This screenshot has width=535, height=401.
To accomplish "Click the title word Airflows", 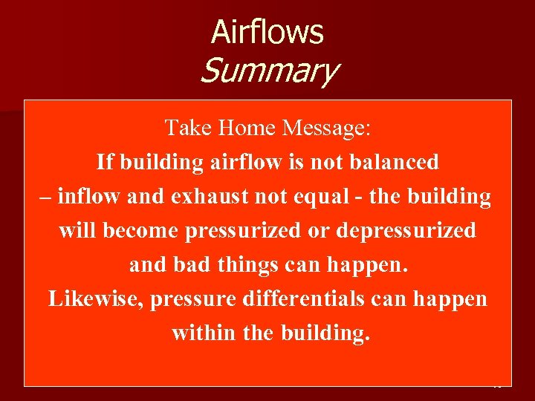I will click(267, 32).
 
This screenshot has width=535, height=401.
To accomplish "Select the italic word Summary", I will click(268, 72).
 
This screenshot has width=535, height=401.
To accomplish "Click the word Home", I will click(247, 128).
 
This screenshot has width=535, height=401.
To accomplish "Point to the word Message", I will click(325, 128).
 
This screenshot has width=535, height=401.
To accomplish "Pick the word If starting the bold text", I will click(104, 162).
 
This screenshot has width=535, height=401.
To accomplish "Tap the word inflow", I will click(90, 197).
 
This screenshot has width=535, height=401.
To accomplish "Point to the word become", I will click(141, 231).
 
